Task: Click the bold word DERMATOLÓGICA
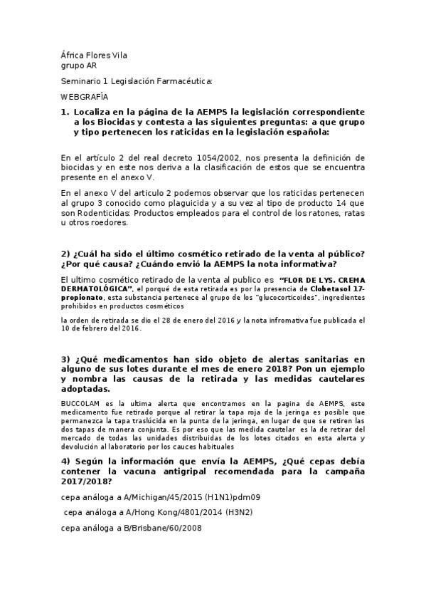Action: point(96,290)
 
